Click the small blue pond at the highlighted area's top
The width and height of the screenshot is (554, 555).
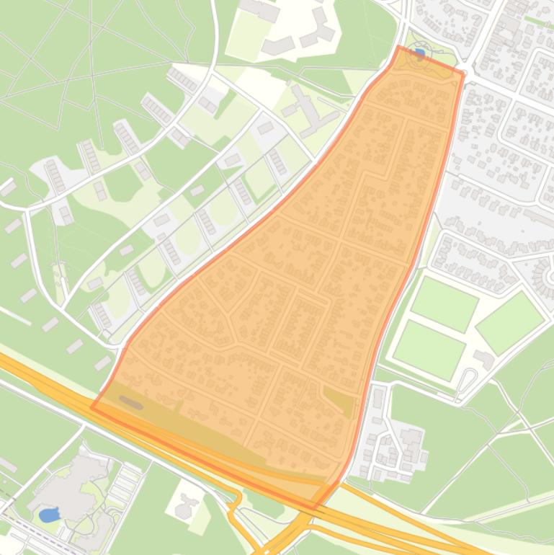coord(419,54)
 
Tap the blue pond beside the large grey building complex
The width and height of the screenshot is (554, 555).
coord(48,515)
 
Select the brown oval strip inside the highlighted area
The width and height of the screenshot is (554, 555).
coord(131,402)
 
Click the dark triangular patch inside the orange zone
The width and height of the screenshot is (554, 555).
coord(339,401)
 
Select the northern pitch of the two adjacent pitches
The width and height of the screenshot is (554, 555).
coord(444,303)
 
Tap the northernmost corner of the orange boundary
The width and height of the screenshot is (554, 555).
coord(398,46)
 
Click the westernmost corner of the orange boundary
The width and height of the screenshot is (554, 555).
coord(91,408)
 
